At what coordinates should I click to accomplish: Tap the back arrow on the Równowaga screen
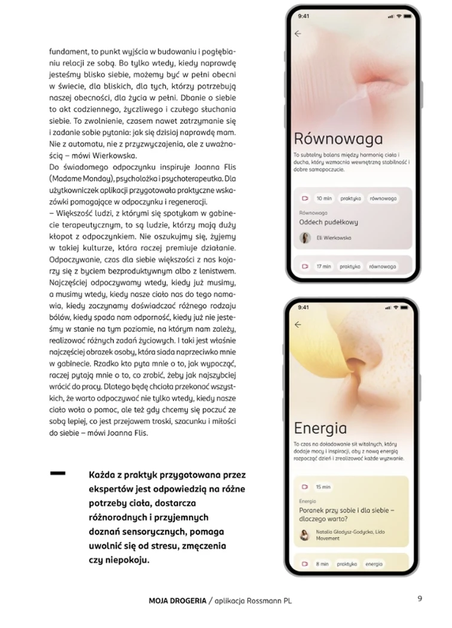point(298,33)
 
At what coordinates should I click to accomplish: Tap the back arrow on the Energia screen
point(298,325)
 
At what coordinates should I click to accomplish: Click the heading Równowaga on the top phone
point(338,139)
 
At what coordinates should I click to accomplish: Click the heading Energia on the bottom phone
point(320,428)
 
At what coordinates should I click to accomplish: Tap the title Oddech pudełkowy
point(328,222)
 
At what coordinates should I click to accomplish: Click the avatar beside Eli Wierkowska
point(305,237)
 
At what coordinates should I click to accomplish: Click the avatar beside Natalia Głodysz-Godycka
point(304,535)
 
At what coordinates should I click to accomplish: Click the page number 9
point(420,597)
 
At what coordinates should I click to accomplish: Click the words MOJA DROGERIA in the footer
point(176,600)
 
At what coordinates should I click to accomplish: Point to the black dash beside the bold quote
point(58,472)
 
